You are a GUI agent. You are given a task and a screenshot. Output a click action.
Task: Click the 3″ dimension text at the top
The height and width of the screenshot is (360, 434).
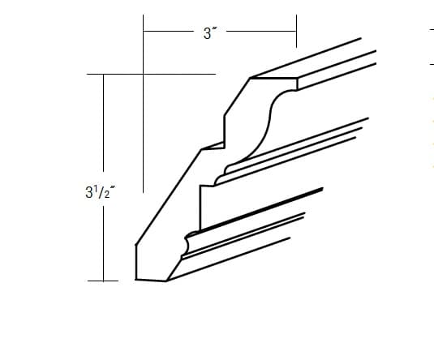pos(208,33)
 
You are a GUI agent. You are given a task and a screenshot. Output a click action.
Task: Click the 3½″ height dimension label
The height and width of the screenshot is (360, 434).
pos(99,195)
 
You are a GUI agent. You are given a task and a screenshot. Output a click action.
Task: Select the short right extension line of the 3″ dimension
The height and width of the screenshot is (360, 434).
pos(295,31)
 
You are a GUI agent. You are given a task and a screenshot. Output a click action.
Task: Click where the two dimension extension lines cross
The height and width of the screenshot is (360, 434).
pos(144,75)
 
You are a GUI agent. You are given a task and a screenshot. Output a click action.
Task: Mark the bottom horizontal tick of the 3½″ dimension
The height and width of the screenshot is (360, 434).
pos(104,281)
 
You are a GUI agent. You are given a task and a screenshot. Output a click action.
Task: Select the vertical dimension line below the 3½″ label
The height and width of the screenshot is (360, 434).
pos(102,243)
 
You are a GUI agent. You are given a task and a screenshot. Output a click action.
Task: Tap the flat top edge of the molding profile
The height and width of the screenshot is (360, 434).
pos(274,79)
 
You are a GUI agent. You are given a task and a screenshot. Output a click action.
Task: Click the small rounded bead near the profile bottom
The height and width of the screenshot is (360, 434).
pos(190,242)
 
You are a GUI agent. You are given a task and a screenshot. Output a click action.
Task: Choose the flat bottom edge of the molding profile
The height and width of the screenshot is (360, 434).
pos(151,280)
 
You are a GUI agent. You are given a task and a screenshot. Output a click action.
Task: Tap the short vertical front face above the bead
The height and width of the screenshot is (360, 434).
pos(200,207)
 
